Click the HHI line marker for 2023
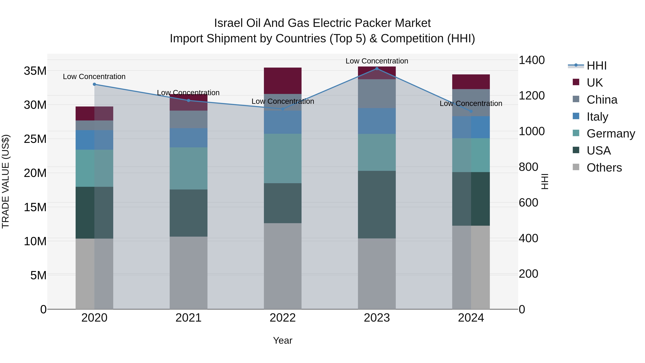(377, 68)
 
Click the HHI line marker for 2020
(94, 84)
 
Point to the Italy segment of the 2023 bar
(377, 121)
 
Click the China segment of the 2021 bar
(188, 120)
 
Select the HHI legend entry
(596, 66)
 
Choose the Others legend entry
(604, 168)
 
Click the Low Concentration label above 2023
(377, 61)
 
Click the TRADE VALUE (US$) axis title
(6, 181)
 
